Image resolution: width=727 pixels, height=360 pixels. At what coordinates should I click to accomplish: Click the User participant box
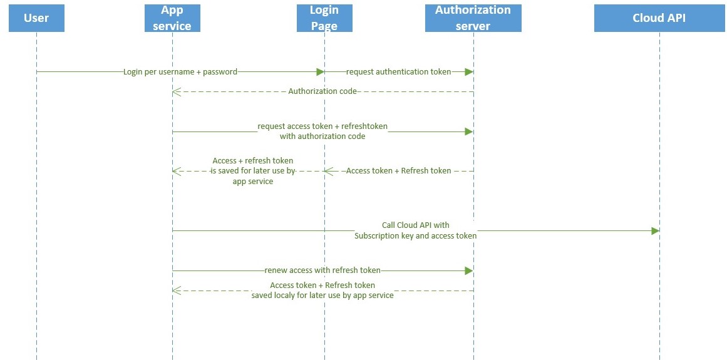(36, 18)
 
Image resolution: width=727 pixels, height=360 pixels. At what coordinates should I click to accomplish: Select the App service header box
(172, 18)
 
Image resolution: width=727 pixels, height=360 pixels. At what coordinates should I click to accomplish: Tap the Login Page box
(324, 18)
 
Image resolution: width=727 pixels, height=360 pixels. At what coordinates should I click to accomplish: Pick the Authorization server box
(473, 18)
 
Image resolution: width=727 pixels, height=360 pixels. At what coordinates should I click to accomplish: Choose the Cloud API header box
(659, 18)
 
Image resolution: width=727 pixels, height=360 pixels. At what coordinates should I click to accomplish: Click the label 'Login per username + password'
(180, 72)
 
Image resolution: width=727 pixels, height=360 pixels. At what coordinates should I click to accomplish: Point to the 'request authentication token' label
(398, 72)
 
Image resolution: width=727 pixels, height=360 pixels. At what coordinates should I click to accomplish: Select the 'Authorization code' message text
(322, 91)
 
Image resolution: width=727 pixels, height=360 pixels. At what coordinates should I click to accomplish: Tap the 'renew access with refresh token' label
(322, 270)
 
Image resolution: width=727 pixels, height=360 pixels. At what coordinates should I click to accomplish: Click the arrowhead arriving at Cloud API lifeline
(655, 231)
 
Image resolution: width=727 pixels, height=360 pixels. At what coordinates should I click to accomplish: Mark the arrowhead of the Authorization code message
(177, 92)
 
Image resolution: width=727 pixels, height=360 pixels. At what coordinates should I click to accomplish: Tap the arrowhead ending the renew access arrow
(468, 270)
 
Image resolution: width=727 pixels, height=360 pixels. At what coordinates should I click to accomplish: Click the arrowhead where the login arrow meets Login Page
(320, 72)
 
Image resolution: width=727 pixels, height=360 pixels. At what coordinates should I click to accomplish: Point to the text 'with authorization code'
(322, 136)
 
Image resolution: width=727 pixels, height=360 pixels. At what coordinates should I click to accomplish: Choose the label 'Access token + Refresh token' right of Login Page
(398, 170)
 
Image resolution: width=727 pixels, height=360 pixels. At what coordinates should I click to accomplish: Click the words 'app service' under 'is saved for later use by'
(253, 182)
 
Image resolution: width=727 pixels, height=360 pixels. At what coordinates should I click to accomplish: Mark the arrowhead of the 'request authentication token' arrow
(468, 72)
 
